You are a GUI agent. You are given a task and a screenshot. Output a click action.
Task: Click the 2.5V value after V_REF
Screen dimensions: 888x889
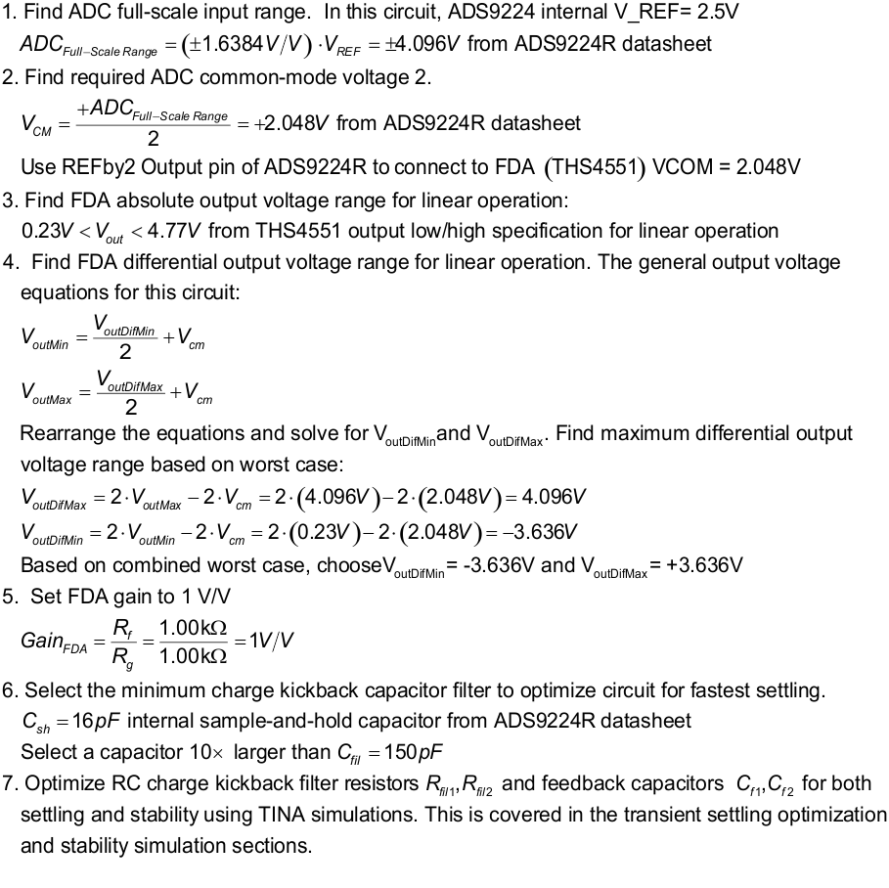[718, 13]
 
